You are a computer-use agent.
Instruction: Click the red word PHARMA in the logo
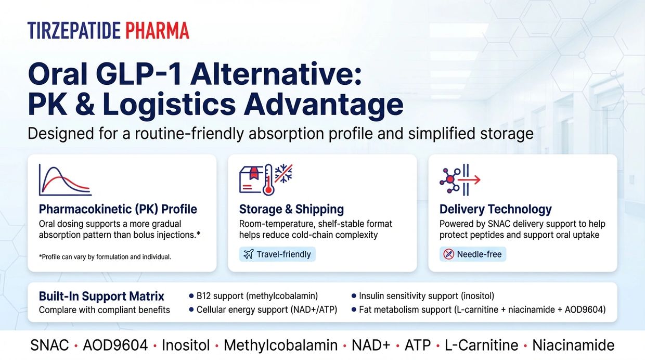pos(158,31)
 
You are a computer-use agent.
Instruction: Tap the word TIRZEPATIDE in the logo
pos(74,31)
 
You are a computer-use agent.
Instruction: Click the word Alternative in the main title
pos(276,74)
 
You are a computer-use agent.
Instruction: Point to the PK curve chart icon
pos(66,180)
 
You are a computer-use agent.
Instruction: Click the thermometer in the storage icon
pos(268,180)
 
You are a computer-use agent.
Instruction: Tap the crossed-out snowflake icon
pos(283,173)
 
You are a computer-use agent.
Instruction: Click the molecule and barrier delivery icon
pos(460,180)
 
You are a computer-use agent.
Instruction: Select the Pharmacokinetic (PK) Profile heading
pos(118,209)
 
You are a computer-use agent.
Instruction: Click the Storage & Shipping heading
pos(291,209)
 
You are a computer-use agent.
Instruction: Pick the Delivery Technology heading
pos(496,209)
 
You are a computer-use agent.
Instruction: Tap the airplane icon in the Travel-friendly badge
pos(249,254)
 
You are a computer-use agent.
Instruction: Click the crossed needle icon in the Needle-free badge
pos(448,254)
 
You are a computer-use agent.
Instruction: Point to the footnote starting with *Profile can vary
pos(105,257)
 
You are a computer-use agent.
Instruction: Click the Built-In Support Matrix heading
pos(101,297)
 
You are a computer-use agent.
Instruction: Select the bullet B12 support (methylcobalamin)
pos(253,296)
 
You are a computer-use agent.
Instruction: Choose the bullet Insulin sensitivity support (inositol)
pos(423,296)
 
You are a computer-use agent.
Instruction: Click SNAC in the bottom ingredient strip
pos(49,345)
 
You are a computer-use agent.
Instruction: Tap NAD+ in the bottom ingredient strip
pos(371,345)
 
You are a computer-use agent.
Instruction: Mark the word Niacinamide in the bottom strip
pos(573,345)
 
